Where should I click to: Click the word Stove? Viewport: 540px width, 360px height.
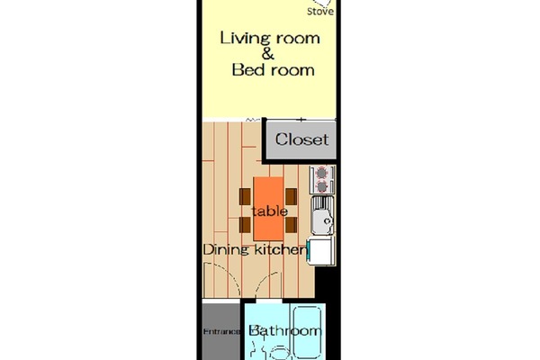[319, 13]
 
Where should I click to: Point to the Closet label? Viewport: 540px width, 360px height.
[301, 139]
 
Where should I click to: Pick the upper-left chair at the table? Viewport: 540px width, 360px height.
[246, 194]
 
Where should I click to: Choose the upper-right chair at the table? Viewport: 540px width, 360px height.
[292, 194]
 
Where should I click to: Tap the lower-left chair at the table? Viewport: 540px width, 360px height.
[246, 225]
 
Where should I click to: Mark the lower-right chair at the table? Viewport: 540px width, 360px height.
[292, 225]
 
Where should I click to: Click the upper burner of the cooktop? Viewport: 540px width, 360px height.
[322, 173]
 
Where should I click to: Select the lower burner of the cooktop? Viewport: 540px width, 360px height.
[322, 187]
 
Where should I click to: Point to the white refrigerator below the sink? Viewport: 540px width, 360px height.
[321, 252]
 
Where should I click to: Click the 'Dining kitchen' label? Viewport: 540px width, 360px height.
[254, 249]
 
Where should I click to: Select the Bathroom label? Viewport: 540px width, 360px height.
[284, 332]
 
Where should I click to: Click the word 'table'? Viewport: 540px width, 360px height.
[269, 211]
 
